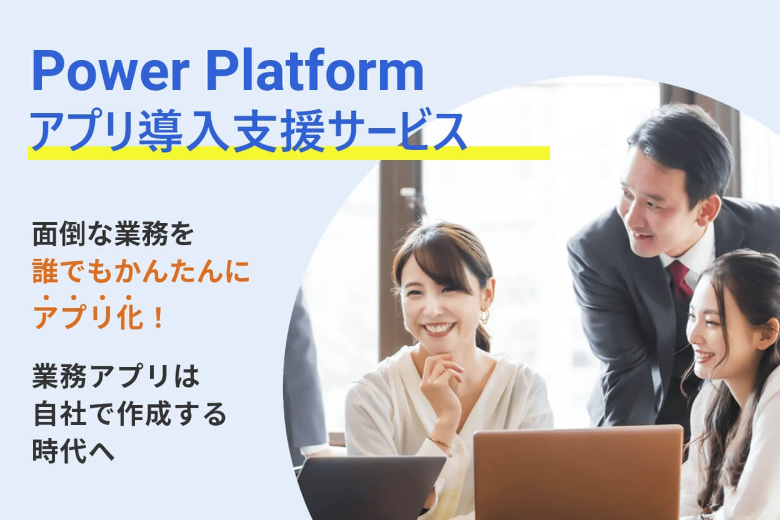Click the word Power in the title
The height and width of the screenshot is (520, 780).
coord(111,72)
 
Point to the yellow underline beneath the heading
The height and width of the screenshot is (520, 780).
coord(289,153)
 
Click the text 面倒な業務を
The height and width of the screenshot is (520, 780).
coord(113,234)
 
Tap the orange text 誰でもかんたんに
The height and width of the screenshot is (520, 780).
coord(141,271)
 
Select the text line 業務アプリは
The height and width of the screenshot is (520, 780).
coord(116,376)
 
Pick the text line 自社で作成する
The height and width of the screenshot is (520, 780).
coord(129,414)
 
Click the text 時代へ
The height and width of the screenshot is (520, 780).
coord(73,451)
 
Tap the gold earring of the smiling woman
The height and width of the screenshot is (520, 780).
coord(484,316)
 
